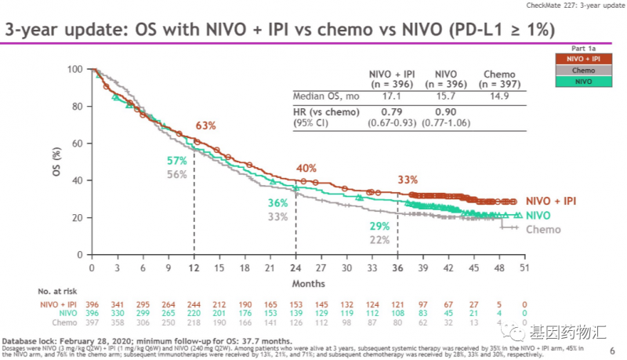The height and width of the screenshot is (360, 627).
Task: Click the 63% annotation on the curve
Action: [x=205, y=125]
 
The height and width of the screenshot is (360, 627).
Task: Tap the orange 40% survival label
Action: [x=306, y=169]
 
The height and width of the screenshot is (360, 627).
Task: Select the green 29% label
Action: [x=379, y=226]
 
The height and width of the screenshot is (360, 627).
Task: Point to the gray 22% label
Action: [x=379, y=240]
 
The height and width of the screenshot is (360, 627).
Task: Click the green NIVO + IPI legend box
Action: [x=578, y=59]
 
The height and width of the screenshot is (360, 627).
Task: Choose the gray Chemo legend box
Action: [x=578, y=70]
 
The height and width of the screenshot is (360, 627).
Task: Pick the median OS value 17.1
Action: [x=385, y=96]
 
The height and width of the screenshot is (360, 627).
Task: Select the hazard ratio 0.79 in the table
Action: [x=385, y=111]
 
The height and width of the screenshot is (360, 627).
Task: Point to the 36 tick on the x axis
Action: [x=398, y=267]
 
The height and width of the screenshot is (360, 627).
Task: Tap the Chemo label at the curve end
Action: [x=542, y=230]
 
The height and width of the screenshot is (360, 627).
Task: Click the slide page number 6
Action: [x=612, y=351]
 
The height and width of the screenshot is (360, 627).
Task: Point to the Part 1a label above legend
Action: [x=579, y=48]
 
